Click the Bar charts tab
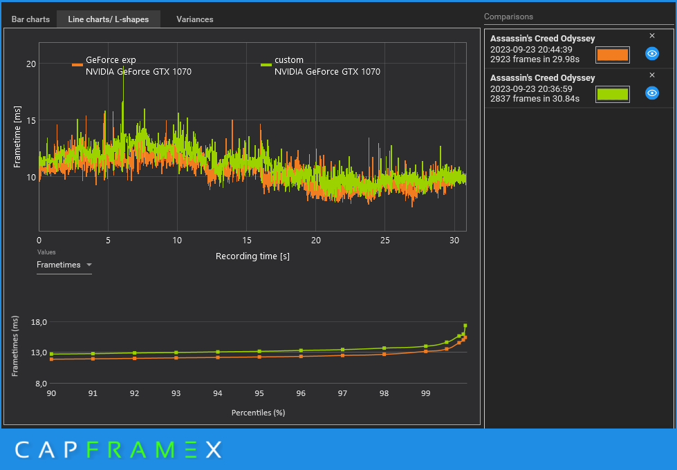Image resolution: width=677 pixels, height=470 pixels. pyautogui.click(x=30, y=19)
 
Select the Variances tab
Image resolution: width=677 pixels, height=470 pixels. pyautogui.click(x=195, y=19)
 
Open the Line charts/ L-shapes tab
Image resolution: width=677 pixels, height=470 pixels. pyautogui.click(x=109, y=19)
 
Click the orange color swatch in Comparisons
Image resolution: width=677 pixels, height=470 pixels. pyautogui.click(x=612, y=55)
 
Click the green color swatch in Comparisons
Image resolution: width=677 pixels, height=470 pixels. pyautogui.click(x=612, y=94)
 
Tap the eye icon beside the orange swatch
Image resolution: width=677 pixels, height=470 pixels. pyautogui.click(x=652, y=53)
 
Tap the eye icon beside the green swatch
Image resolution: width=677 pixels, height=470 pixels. pyautogui.click(x=652, y=93)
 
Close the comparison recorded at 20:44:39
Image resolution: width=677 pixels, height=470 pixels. pyautogui.click(x=652, y=36)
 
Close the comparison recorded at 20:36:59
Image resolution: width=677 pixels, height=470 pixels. pyautogui.click(x=652, y=75)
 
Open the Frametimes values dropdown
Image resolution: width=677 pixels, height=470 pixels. pyautogui.click(x=64, y=265)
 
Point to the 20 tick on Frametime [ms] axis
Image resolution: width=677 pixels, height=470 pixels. pyautogui.click(x=31, y=64)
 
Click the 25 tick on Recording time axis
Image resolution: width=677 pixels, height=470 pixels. pyautogui.click(x=384, y=241)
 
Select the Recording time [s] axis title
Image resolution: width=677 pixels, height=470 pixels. pyautogui.click(x=252, y=256)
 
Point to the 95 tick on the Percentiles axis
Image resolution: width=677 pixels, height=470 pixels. pyautogui.click(x=259, y=393)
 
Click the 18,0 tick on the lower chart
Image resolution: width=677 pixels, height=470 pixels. pyautogui.click(x=39, y=322)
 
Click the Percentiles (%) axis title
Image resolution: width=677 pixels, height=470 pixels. pyautogui.click(x=258, y=413)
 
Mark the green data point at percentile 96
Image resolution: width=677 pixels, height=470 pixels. pyautogui.click(x=301, y=350)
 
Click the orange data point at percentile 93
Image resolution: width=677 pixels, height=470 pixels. pyautogui.click(x=176, y=358)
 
